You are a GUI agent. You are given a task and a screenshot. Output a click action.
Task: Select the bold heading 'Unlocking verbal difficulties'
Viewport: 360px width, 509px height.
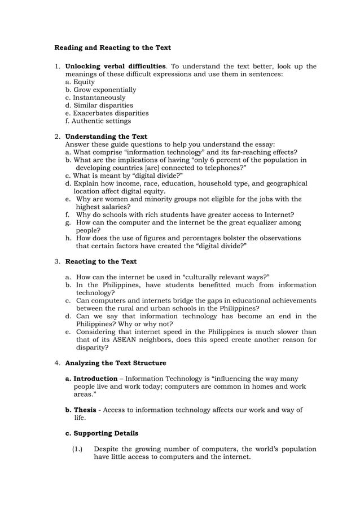point(116,66)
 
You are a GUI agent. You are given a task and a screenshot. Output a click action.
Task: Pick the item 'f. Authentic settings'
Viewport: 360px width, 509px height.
point(98,121)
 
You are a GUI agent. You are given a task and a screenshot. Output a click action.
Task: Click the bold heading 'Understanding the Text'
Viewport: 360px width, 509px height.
point(106,137)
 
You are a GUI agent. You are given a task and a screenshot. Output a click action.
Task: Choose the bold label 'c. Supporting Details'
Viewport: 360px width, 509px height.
point(102,433)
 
